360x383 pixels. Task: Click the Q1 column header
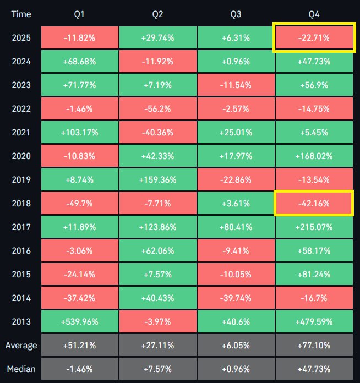point(80,14)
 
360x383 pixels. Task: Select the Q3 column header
point(236,14)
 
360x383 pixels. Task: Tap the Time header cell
point(21,14)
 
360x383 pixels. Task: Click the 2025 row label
point(21,37)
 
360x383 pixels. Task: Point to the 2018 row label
point(21,204)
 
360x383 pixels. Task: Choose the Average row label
point(21,346)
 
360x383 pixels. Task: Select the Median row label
point(21,369)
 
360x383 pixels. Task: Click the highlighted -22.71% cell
point(313,37)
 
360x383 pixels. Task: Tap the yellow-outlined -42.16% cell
point(313,204)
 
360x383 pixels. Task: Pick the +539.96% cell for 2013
point(80,322)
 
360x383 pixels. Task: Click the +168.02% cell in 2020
point(313,156)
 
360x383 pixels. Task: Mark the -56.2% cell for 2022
point(157,108)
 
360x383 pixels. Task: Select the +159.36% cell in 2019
point(157,180)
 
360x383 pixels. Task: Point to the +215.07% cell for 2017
point(313,227)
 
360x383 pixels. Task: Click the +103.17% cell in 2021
point(80,133)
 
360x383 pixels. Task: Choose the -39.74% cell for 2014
point(236,298)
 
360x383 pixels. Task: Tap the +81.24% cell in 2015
point(313,275)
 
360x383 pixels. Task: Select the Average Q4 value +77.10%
point(313,346)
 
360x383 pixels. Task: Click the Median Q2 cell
point(157,369)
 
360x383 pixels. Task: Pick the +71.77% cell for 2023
point(80,85)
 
